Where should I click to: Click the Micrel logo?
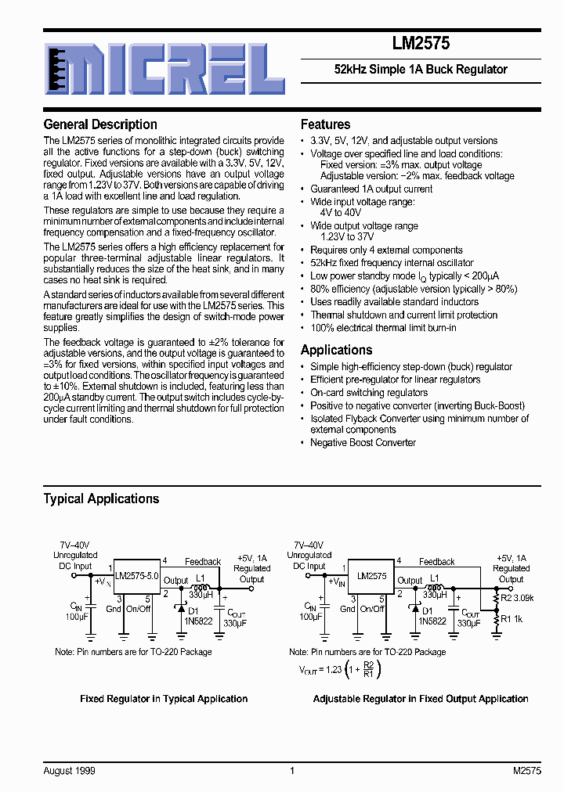164,69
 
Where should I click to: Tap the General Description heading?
100,124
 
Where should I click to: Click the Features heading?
326,124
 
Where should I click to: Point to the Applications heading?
337,350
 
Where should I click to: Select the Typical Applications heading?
101,499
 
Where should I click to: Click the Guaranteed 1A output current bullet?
371,189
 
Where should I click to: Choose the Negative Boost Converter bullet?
363,443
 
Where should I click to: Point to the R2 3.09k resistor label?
517,599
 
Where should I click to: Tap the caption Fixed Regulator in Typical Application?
164,699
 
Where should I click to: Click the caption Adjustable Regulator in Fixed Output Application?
421,699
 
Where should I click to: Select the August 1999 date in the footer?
70,771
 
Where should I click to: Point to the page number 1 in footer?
292,771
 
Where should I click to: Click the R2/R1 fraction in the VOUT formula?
369,669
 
